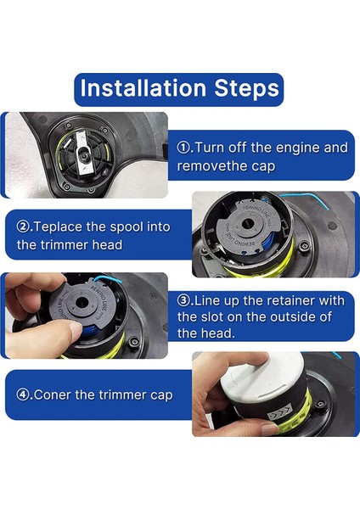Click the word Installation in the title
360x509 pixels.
[143, 88]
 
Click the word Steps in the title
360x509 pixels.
[246, 88]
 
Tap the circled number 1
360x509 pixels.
[183, 148]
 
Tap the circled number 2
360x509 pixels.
[22, 227]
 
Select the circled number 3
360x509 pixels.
[183, 300]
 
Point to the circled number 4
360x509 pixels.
[22, 395]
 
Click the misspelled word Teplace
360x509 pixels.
[58, 227]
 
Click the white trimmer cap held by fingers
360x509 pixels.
[261, 376]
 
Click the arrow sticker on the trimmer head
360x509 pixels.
[279, 414]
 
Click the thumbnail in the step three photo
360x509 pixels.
[76, 329]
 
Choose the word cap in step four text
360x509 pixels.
[161, 396]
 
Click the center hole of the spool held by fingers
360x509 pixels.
[82, 303]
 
